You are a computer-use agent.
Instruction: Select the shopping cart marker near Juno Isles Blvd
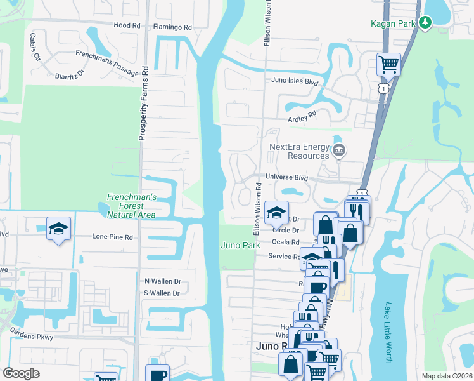coord(388,64)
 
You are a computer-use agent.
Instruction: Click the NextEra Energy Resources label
coord(300,150)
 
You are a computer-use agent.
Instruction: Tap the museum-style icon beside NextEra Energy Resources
coord(339,150)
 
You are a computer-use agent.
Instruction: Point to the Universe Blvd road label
coord(287,178)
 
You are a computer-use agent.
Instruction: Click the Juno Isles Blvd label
coord(294,81)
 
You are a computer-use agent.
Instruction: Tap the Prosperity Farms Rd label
coord(143,104)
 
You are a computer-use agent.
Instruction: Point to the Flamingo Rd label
coord(172,27)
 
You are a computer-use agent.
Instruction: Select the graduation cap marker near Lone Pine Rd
coord(58,229)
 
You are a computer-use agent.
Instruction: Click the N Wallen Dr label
coord(163,281)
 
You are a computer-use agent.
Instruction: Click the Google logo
coord(22,373)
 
